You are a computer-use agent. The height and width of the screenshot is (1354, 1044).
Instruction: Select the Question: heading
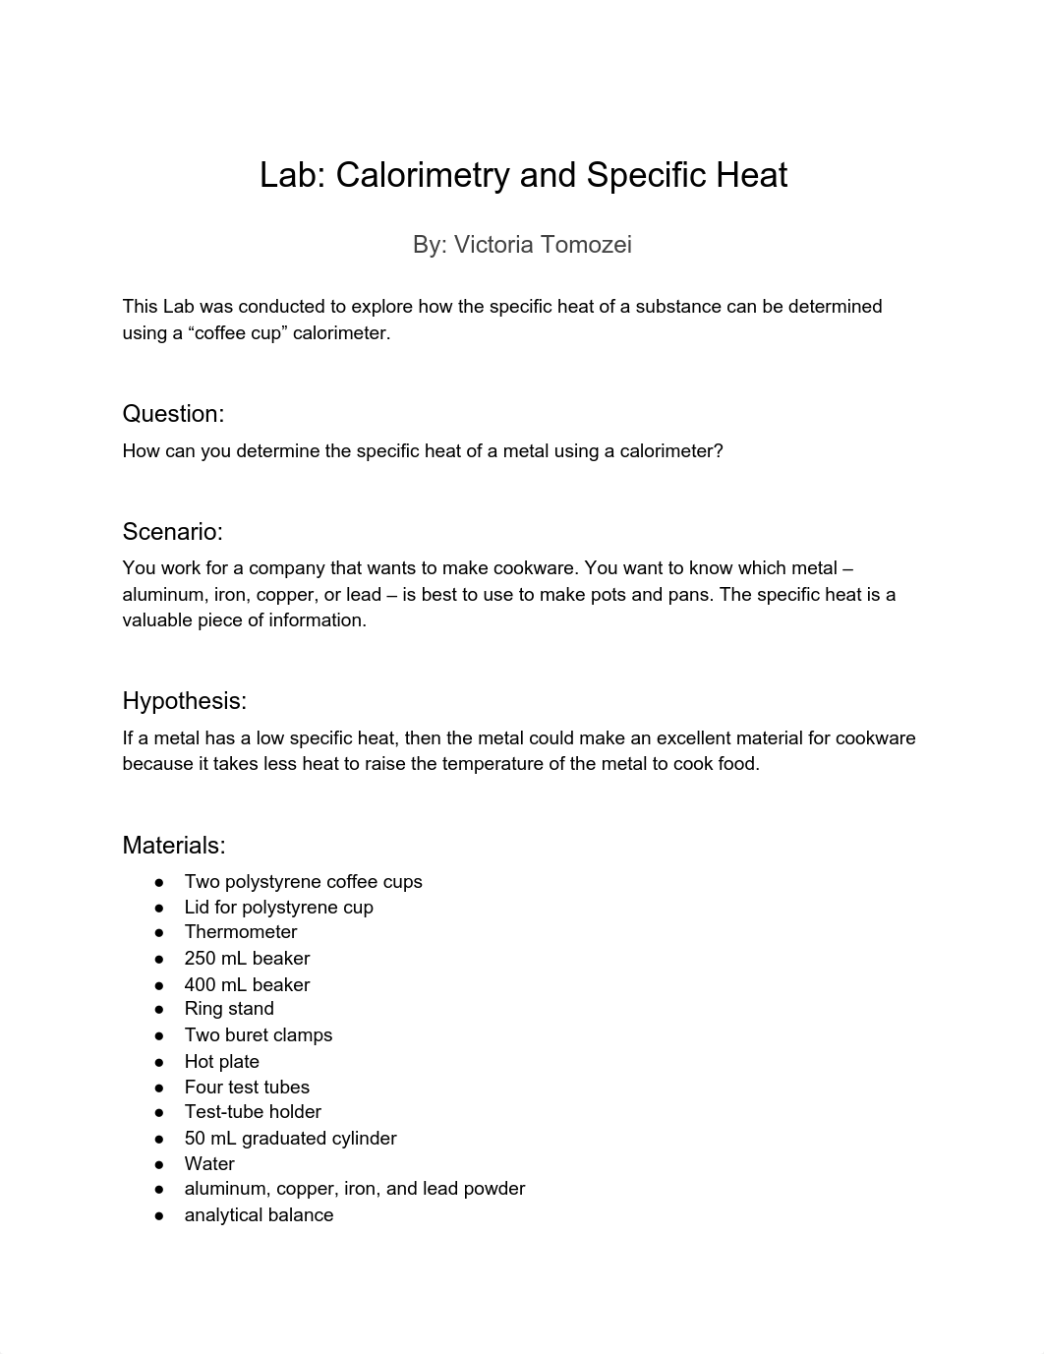(x=173, y=414)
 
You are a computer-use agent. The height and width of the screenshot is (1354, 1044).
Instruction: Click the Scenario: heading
(x=172, y=532)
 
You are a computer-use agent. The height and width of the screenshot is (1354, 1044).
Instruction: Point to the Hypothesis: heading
(x=184, y=701)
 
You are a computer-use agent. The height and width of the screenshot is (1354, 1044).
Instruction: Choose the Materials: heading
(x=173, y=846)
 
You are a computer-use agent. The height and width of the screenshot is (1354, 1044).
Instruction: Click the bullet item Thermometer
(x=240, y=932)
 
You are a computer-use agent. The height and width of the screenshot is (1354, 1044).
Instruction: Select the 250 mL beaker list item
(x=247, y=959)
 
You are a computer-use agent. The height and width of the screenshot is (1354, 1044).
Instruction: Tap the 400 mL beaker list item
(x=247, y=984)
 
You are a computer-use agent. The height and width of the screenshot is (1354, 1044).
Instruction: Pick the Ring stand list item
(x=229, y=1009)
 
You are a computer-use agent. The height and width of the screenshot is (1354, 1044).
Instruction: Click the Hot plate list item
(x=221, y=1062)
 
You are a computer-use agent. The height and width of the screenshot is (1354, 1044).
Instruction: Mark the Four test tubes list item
(x=247, y=1088)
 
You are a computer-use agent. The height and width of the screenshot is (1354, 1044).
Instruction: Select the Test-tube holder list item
(x=253, y=1112)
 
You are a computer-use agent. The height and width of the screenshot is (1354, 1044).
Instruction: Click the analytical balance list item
(x=259, y=1215)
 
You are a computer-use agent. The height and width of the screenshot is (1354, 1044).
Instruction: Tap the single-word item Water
(x=209, y=1164)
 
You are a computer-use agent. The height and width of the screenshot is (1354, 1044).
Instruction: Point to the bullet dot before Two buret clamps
(x=159, y=1036)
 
